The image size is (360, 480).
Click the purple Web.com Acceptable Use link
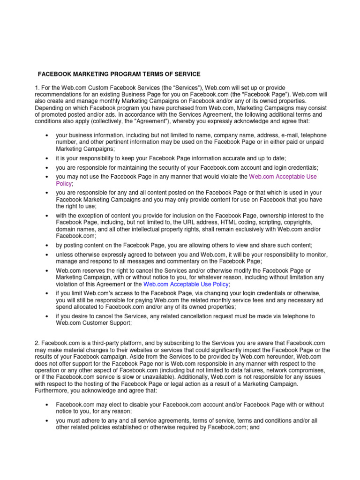[283, 177]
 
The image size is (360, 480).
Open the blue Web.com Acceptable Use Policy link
[186, 284]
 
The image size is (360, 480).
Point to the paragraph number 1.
[37, 88]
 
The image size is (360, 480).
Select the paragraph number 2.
[37, 344]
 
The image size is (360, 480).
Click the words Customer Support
[105, 323]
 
